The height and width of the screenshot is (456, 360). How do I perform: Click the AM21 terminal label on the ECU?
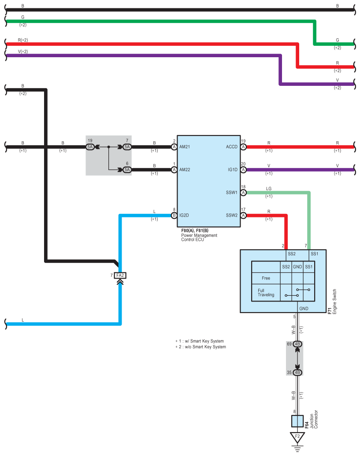(x=185, y=147)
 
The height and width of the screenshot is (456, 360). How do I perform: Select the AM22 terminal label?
(x=185, y=169)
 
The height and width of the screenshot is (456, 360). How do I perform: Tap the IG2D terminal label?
(x=184, y=215)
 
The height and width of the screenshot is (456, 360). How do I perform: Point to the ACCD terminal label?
(x=232, y=147)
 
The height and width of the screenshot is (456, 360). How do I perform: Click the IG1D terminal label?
(x=233, y=169)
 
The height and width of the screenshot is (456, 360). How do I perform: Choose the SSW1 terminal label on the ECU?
(x=232, y=192)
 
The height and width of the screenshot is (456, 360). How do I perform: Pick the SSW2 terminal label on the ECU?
(x=232, y=215)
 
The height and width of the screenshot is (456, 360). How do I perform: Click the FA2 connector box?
(x=120, y=275)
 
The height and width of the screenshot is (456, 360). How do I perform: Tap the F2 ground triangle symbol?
(x=297, y=438)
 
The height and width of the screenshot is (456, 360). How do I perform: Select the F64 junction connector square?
(x=297, y=421)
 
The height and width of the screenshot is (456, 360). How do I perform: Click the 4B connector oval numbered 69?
(x=297, y=344)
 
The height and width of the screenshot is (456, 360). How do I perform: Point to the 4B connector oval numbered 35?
(x=297, y=372)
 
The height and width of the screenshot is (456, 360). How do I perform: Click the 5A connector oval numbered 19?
(x=90, y=147)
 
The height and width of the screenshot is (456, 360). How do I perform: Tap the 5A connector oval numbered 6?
(x=127, y=169)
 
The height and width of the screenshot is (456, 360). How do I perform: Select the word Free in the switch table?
(x=266, y=278)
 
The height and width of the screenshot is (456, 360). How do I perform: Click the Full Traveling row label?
(x=266, y=293)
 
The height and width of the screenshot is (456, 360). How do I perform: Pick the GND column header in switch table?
(x=297, y=267)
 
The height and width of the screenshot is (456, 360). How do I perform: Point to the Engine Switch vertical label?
(x=334, y=301)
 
